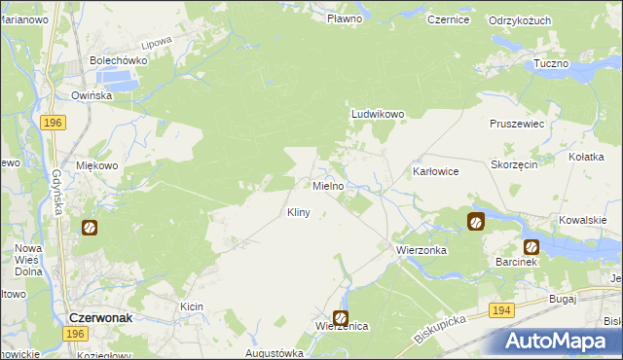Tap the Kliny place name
(x=299, y=212)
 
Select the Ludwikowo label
(x=378, y=114)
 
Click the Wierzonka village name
(x=421, y=250)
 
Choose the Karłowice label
(x=435, y=170)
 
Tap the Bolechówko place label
(x=118, y=59)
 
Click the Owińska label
(x=92, y=95)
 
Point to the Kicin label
(x=191, y=306)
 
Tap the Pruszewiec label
(x=518, y=125)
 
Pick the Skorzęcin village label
(x=515, y=166)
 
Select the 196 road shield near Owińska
(x=54, y=122)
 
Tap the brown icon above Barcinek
(x=531, y=247)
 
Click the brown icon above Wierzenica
(x=341, y=317)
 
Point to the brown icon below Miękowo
(x=89, y=228)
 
